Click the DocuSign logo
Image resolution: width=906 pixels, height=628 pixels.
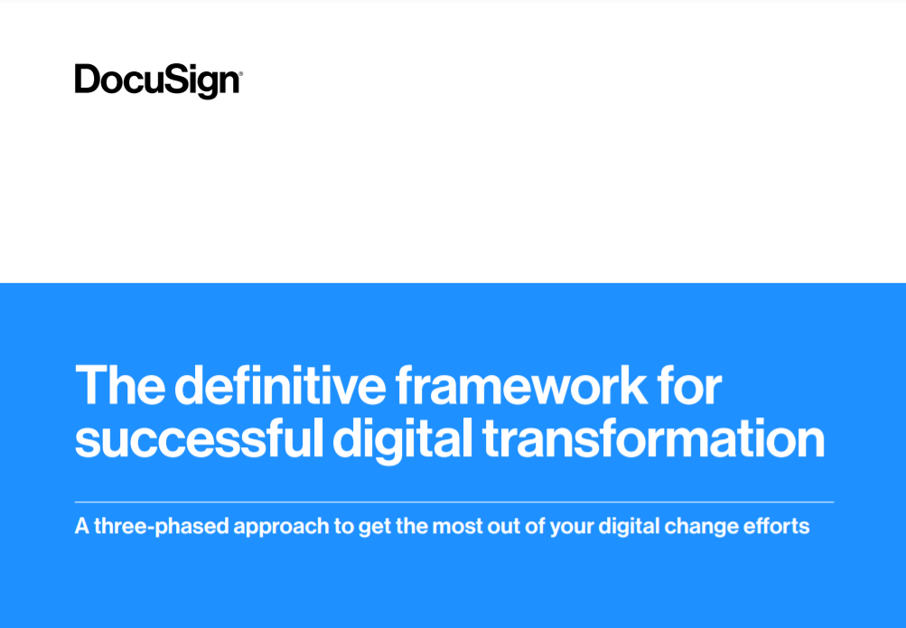(x=157, y=80)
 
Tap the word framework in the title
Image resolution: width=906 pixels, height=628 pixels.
(x=521, y=387)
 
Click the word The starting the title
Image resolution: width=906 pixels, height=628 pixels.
(x=118, y=387)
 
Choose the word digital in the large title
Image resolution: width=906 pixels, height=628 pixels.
(x=401, y=440)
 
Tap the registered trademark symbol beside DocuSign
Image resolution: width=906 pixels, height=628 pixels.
(x=239, y=72)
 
